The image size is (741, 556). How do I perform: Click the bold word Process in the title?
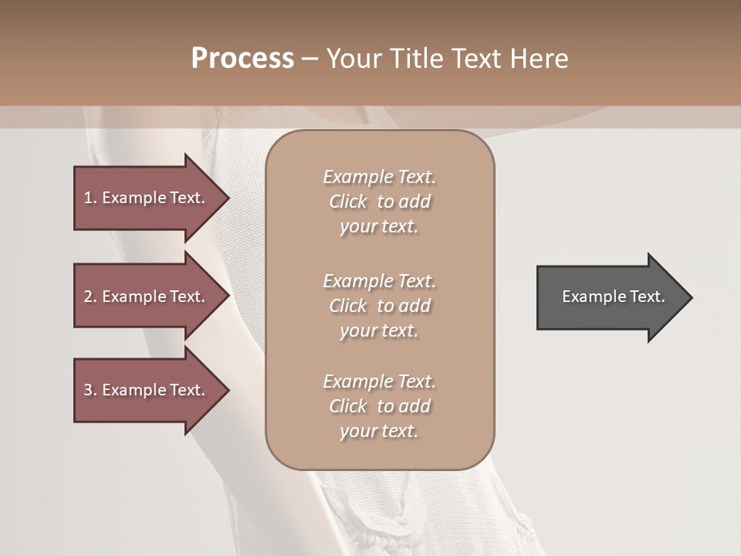(x=242, y=59)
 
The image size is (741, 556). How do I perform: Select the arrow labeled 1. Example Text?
(x=147, y=198)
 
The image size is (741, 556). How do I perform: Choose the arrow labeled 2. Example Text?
(x=147, y=297)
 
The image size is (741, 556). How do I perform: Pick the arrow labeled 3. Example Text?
(x=147, y=390)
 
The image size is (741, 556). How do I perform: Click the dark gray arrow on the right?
(x=610, y=297)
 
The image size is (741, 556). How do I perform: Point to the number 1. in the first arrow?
(x=90, y=198)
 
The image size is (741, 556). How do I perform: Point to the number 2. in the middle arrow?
(x=90, y=297)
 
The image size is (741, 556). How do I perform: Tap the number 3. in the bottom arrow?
(x=90, y=390)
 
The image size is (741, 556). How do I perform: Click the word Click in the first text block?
(x=348, y=202)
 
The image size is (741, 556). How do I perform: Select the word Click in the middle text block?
(x=348, y=306)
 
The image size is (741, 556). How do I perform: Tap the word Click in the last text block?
(x=348, y=406)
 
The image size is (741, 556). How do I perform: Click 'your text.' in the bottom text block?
(x=379, y=432)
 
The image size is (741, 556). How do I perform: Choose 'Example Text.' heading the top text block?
(x=379, y=177)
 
